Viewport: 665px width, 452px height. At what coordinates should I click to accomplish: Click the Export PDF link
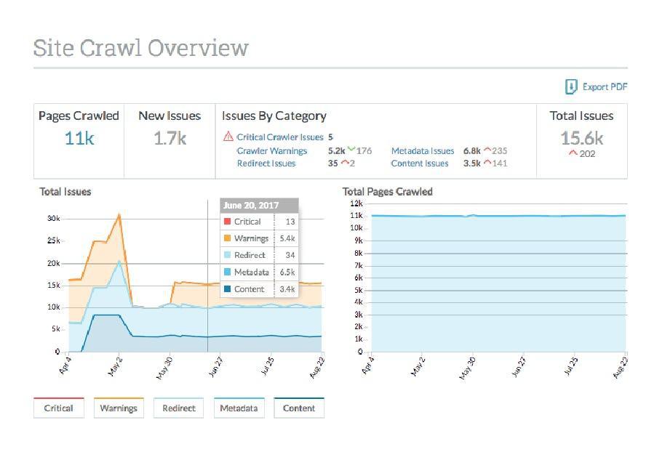tap(597, 87)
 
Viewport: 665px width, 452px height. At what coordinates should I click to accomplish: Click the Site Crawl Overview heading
tap(140, 48)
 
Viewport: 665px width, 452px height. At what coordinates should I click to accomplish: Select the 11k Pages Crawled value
tap(79, 138)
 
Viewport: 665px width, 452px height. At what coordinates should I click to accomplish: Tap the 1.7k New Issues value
tap(170, 138)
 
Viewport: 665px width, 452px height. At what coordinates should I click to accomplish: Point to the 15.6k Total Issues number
tap(581, 137)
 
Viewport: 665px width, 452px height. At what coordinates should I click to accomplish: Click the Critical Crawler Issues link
tap(279, 137)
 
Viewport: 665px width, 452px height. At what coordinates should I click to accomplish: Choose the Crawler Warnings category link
tap(272, 151)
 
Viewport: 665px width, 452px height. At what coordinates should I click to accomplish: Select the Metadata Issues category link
tap(423, 151)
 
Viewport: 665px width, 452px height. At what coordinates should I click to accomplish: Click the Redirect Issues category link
tap(266, 164)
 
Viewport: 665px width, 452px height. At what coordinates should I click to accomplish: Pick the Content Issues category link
tap(420, 164)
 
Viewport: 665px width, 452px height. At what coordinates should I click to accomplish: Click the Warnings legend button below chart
tap(119, 408)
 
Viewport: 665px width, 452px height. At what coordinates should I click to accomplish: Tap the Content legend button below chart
tap(299, 408)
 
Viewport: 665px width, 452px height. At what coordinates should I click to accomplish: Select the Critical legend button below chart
tap(58, 408)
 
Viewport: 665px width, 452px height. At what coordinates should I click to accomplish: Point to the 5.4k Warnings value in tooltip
tap(287, 238)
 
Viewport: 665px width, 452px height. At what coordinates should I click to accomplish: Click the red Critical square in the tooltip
tap(228, 222)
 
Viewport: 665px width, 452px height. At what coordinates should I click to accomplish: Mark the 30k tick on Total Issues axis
tap(53, 218)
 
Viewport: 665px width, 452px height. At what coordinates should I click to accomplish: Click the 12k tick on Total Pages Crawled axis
tap(357, 203)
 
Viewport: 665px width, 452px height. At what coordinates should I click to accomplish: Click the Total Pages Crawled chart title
tap(387, 192)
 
